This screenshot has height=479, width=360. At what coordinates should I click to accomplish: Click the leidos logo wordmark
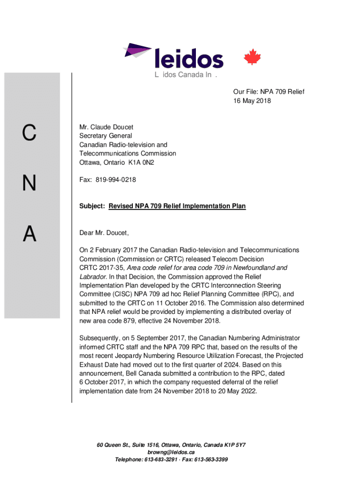click(188, 59)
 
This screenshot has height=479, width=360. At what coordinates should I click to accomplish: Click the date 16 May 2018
click(252, 101)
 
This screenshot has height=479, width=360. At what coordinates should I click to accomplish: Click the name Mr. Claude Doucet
click(106, 127)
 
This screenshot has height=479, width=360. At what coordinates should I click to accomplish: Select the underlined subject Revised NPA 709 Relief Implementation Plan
click(177, 206)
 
